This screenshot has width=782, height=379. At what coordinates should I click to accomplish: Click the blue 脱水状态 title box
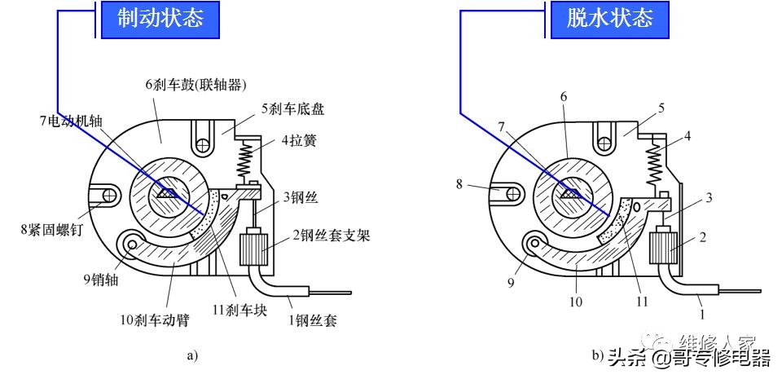click(x=611, y=19)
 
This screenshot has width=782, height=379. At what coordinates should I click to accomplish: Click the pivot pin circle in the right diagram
click(x=537, y=243)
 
